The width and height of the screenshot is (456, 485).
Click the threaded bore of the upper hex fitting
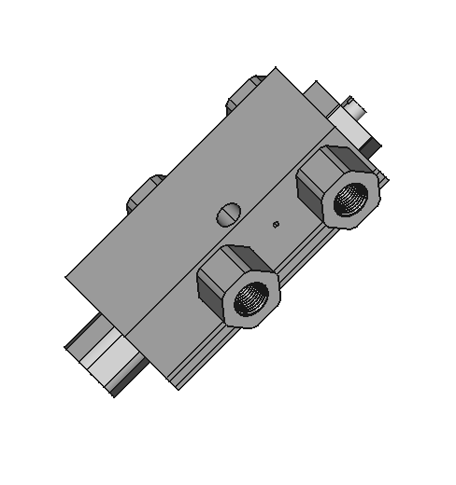point(351,197)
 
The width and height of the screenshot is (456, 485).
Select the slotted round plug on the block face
point(227,214)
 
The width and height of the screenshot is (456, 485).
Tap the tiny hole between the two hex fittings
point(275,224)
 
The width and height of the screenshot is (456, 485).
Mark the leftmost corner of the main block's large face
point(66,278)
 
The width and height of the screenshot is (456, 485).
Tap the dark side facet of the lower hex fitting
point(211,294)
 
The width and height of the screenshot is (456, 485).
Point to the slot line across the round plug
point(227,214)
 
